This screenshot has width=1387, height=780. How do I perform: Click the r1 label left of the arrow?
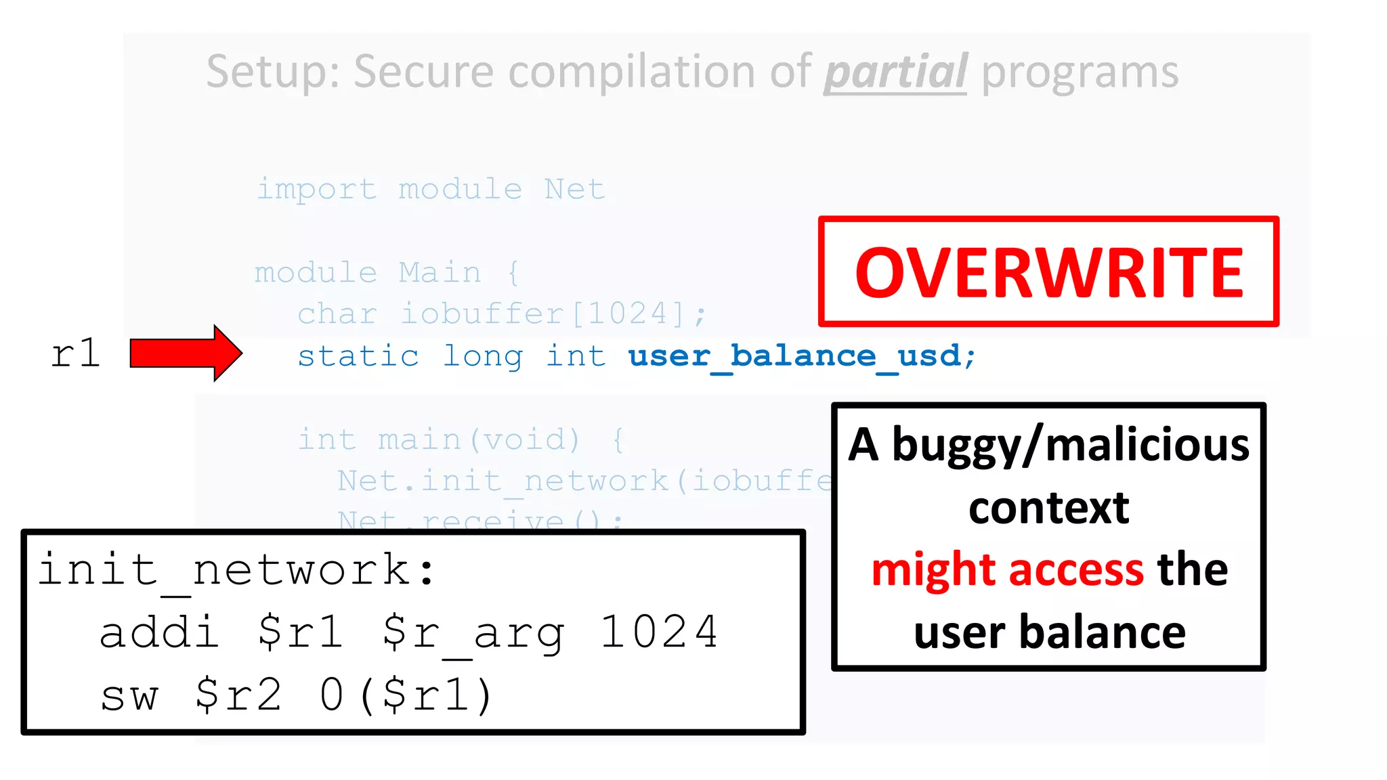[75, 353]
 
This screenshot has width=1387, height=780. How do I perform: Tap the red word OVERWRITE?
[1048, 272]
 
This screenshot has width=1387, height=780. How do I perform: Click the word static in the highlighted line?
[358, 356]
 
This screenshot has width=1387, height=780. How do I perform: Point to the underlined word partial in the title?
[895, 72]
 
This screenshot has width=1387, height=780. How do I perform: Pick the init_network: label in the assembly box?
[236, 569]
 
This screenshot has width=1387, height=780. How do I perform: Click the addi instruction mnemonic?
[159, 632]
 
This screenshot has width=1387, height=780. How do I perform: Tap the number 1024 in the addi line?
[658, 632]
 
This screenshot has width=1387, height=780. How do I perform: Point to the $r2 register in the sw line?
[238, 695]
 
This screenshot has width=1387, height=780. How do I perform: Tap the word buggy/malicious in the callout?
[1071, 446]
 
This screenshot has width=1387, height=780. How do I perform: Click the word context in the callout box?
[1048, 508]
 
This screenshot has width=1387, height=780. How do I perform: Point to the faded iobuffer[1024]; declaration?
[553, 314]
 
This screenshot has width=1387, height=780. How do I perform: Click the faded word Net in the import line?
[574, 189]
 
